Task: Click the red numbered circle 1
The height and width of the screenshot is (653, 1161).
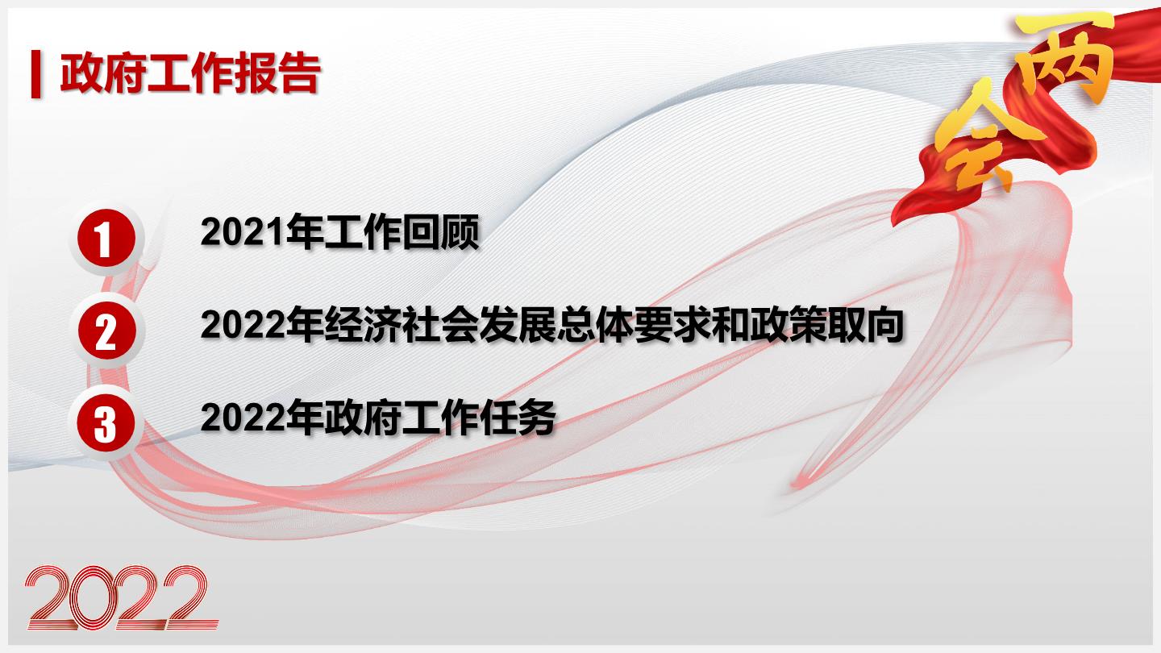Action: click(x=106, y=238)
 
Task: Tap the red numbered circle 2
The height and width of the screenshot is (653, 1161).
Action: click(x=106, y=331)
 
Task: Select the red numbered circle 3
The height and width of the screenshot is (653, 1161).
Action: click(x=106, y=423)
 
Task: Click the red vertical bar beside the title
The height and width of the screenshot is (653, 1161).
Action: click(x=35, y=73)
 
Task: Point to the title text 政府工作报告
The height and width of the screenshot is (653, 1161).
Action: click(x=189, y=73)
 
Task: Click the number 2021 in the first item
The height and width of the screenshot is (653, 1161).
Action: click(x=243, y=232)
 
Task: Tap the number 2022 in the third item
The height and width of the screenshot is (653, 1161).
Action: click(x=243, y=418)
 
